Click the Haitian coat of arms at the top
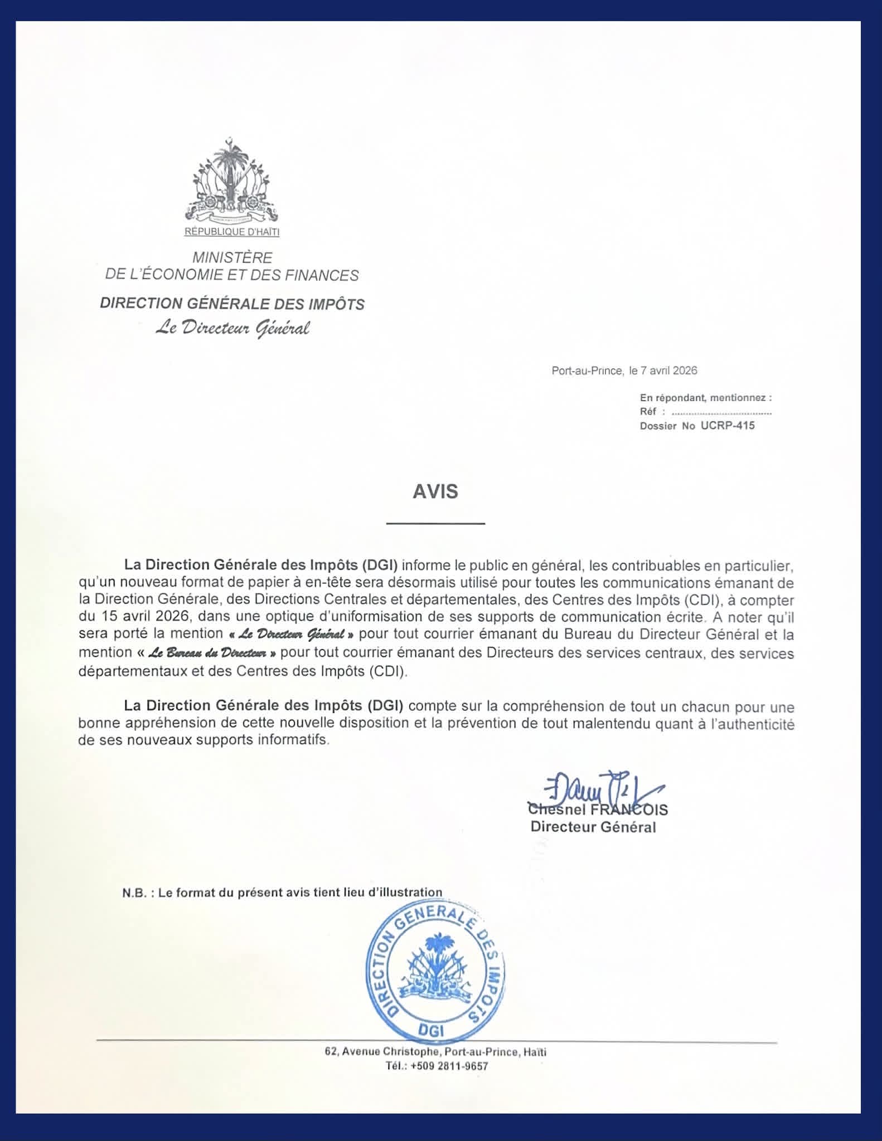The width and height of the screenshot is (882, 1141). (x=231, y=181)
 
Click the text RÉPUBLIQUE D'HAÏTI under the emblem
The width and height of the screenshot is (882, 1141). (x=232, y=232)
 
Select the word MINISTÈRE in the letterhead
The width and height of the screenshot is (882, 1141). (x=232, y=257)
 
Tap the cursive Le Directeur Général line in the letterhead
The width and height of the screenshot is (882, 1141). (x=232, y=329)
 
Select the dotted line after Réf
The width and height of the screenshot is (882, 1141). (x=721, y=412)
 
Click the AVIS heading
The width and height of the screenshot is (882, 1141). (x=435, y=491)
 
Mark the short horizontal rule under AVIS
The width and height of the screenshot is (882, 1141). (x=435, y=524)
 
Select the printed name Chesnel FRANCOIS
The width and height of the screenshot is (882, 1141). (x=598, y=810)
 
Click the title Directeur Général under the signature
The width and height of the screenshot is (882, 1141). (x=593, y=827)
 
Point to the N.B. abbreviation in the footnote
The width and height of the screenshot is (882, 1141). (x=134, y=892)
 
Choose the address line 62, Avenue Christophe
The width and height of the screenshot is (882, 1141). (x=435, y=1052)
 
